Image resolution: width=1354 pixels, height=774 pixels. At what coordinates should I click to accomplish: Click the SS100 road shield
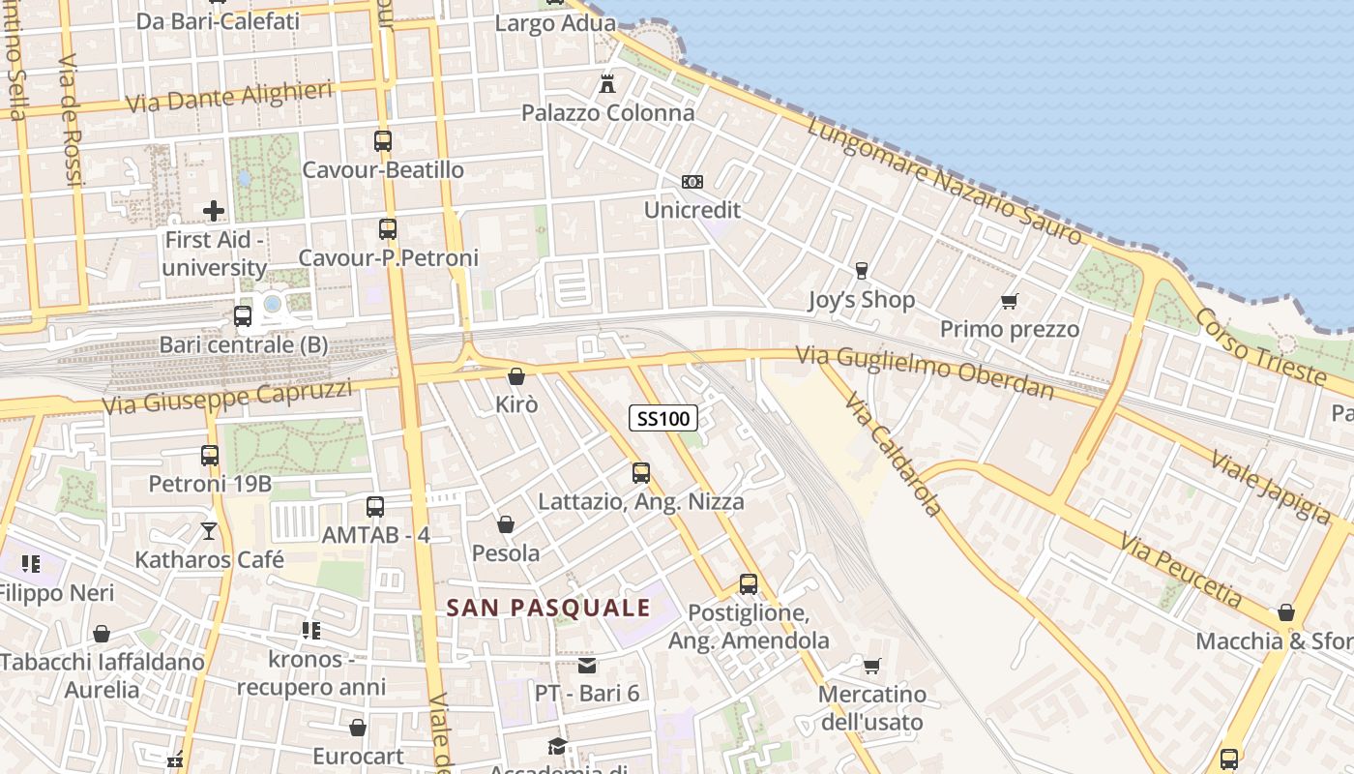pos(663,418)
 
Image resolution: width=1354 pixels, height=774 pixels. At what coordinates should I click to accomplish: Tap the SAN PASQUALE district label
pos(548,608)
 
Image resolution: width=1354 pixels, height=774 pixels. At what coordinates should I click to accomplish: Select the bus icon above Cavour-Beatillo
pos(383,141)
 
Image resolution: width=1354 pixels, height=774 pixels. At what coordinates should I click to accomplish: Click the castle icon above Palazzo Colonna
pos(607,84)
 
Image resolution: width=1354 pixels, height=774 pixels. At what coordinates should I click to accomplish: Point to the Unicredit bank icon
pos(692,182)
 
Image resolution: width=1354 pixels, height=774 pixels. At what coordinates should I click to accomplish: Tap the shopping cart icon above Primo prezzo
pos(1010,302)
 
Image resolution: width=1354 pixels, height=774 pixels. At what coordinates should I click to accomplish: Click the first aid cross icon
pos(214,210)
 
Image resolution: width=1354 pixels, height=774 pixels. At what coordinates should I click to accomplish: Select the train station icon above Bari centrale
pos(243,316)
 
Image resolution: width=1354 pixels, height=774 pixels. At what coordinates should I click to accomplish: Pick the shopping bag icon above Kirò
pos(516,376)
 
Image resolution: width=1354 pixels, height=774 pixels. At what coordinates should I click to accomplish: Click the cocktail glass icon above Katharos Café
pos(209,531)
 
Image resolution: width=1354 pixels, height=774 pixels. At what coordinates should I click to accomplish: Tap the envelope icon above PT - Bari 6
pos(587,666)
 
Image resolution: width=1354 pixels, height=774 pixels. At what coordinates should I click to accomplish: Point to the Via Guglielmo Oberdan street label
pos(925,372)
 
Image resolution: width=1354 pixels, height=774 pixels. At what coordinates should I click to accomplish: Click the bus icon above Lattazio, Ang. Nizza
pos(640,473)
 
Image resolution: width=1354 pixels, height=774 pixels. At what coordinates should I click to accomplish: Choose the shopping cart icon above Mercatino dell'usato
pos(871,666)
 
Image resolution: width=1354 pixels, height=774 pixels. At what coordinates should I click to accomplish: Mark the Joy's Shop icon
pos(861,271)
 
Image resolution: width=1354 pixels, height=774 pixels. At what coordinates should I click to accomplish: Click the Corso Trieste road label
pos(1260,346)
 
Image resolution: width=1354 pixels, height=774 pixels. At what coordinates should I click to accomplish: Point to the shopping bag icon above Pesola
pos(505,525)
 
